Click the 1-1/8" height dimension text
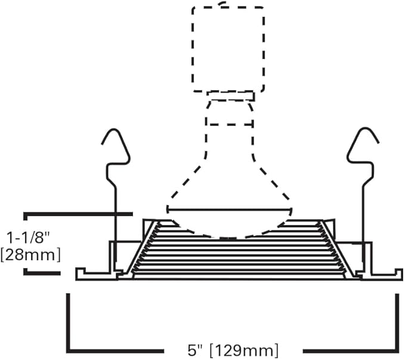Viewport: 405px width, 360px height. coord(27,238)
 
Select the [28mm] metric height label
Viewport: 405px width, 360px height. coord(31,255)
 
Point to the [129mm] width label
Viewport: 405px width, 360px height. coord(244,350)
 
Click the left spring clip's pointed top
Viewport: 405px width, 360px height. coord(113,130)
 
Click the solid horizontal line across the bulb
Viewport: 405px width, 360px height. coord(230,210)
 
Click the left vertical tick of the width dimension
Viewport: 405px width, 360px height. coord(68,322)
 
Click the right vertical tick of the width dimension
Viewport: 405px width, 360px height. coord(397,322)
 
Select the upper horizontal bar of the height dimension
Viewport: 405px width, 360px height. coord(78,214)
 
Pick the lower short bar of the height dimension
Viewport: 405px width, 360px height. coord(42,273)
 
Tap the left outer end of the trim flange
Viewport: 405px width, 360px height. coord(77,275)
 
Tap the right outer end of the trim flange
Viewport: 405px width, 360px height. coord(401,275)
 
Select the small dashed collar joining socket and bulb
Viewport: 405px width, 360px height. coord(230,96)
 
